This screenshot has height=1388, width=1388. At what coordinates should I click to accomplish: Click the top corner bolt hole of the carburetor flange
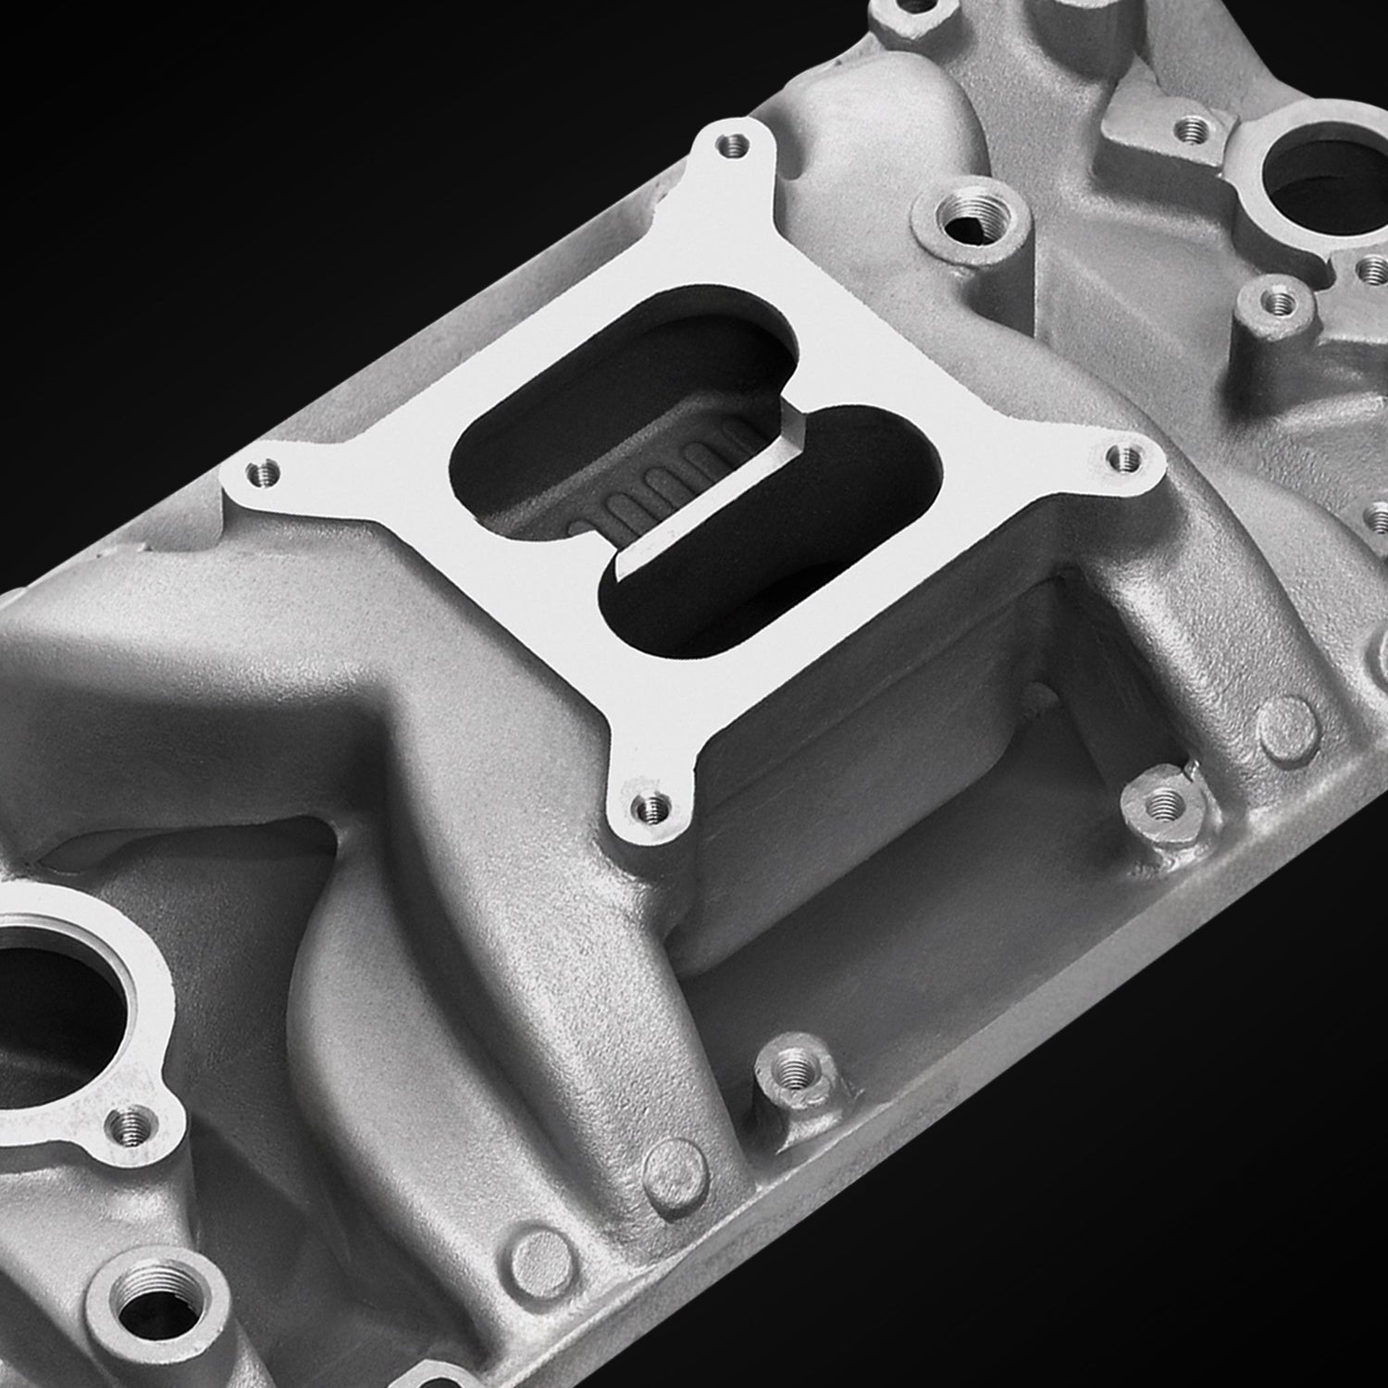[x=737, y=144]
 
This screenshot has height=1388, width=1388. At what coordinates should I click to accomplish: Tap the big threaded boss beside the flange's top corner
[x=971, y=217]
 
